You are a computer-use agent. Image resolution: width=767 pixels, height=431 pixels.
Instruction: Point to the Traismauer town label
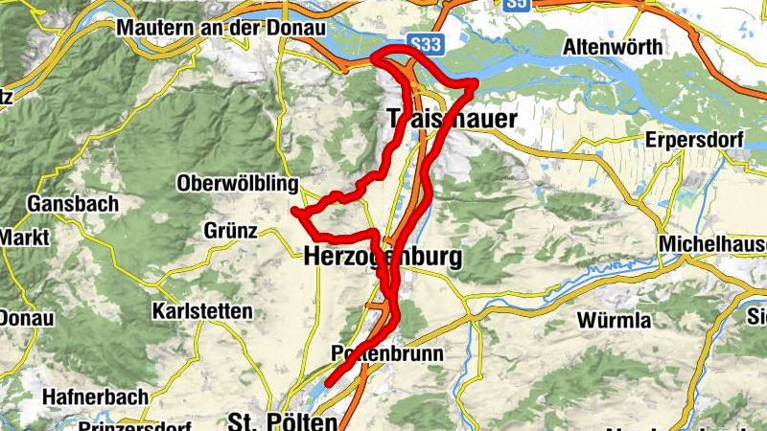coord(451,119)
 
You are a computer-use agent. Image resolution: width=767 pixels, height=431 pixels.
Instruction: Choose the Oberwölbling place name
coord(238,183)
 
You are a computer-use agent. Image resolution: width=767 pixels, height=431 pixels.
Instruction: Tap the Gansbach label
coord(73,204)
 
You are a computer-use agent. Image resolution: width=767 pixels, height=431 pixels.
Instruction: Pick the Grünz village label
coord(230,231)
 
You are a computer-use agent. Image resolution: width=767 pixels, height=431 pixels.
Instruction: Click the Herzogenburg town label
coord(383,257)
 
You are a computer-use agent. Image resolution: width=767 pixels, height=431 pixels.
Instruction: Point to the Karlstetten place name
coord(202,311)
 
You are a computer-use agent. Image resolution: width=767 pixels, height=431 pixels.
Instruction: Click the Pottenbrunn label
coord(386,353)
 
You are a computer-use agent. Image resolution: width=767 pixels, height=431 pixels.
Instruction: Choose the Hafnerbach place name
coord(95,396)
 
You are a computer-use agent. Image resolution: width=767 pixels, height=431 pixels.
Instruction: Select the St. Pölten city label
coord(283,421)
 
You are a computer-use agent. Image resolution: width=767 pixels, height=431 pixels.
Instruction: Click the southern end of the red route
coord(328,384)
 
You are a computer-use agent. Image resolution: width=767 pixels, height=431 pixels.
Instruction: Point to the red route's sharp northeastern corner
coord(475,84)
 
